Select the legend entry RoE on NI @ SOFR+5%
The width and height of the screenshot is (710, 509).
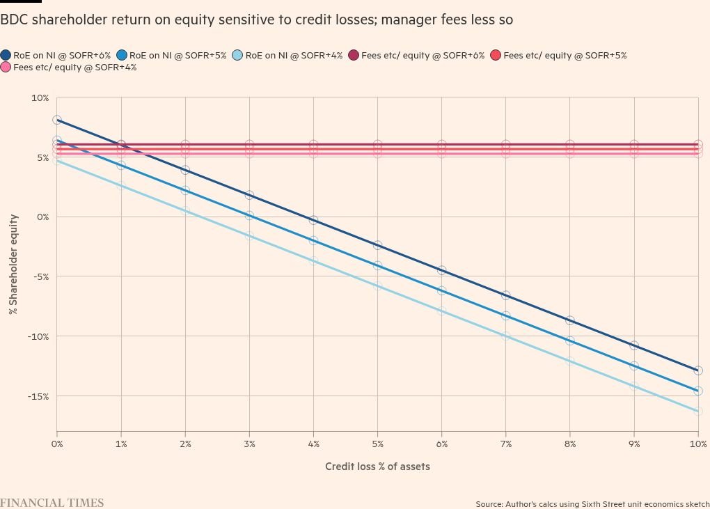point(171,55)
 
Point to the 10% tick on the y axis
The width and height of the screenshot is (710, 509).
point(40,98)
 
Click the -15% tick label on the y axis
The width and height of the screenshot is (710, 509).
point(38,396)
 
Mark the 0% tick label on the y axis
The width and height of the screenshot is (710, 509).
point(42,217)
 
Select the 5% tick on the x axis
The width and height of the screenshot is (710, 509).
point(377,444)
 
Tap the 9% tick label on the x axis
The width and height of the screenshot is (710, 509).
point(634,444)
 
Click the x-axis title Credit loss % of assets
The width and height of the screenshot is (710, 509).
point(377,467)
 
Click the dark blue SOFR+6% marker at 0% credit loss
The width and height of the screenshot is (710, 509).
point(57,120)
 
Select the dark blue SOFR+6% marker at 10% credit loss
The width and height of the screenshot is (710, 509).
point(698,370)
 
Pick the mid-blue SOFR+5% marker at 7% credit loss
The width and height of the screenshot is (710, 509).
point(506,315)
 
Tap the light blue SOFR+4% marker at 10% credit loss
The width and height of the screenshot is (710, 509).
point(698,412)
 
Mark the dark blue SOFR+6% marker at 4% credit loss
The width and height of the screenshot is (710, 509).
point(313,220)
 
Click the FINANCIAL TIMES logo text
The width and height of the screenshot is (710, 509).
point(52,503)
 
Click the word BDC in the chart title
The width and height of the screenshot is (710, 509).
point(15,20)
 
